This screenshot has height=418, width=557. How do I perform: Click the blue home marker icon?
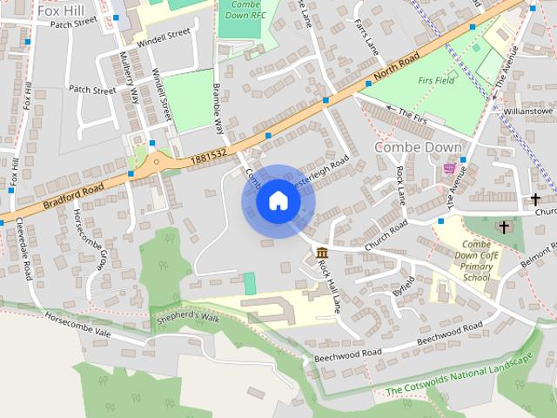tap(278, 201)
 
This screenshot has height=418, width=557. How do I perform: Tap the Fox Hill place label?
tap(60, 10)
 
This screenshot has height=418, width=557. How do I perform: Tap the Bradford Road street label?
tap(71, 195)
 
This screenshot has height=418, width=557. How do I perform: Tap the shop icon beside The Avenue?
tap(449, 168)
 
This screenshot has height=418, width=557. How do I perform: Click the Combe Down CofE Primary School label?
tap(477, 260)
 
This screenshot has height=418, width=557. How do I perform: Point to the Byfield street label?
tap(402, 287)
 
